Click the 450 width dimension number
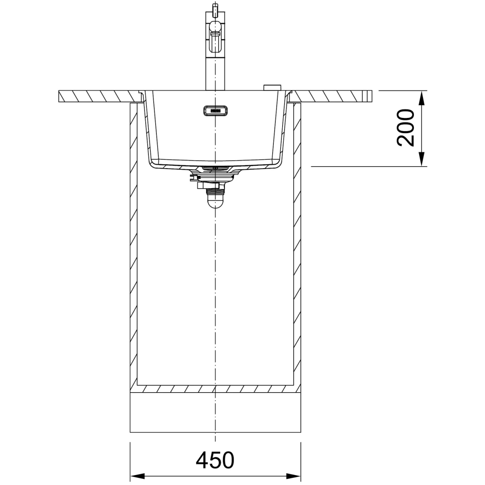[x=215, y=460]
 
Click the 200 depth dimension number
[x=405, y=127]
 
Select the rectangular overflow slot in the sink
[x=216, y=110]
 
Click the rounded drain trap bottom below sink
[x=216, y=201]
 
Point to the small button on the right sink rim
[x=272, y=88]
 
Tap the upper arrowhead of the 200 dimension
[x=421, y=98]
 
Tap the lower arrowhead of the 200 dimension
[x=421, y=159]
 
